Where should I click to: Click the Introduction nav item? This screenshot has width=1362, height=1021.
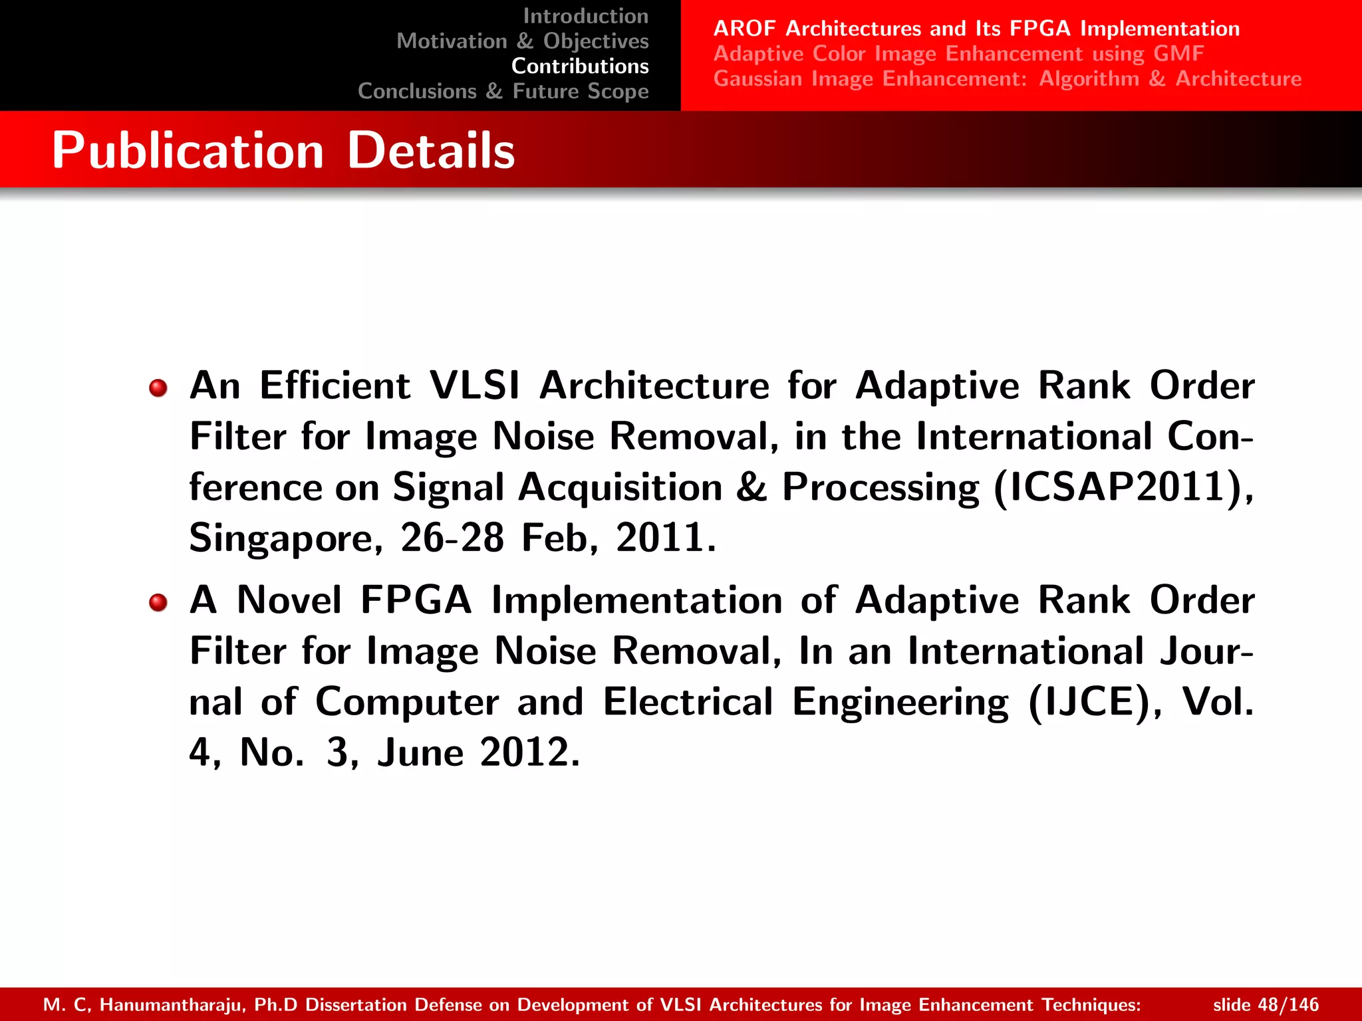click(x=585, y=16)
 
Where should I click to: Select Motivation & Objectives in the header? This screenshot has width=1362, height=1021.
click(x=522, y=41)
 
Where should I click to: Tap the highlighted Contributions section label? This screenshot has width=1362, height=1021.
click(x=579, y=66)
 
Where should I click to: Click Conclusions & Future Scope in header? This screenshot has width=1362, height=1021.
click(x=503, y=91)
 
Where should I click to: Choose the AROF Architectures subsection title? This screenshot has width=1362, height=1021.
click(x=976, y=29)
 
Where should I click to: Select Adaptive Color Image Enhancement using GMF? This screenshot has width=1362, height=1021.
click(x=958, y=54)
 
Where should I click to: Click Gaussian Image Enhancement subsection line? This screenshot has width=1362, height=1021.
click(x=1007, y=79)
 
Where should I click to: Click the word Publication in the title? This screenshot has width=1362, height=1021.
click(x=188, y=151)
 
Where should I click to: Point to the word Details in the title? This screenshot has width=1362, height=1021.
click(x=431, y=151)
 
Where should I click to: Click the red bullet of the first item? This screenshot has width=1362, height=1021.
click(x=158, y=388)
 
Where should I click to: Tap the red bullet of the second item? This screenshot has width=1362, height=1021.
click(x=158, y=602)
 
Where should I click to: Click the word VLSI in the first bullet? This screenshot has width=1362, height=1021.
click(x=474, y=386)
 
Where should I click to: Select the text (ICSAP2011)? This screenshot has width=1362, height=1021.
click(x=1123, y=487)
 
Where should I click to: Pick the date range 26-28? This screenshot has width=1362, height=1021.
click(x=452, y=538)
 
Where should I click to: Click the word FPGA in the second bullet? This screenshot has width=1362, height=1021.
click(x=416, y=600)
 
